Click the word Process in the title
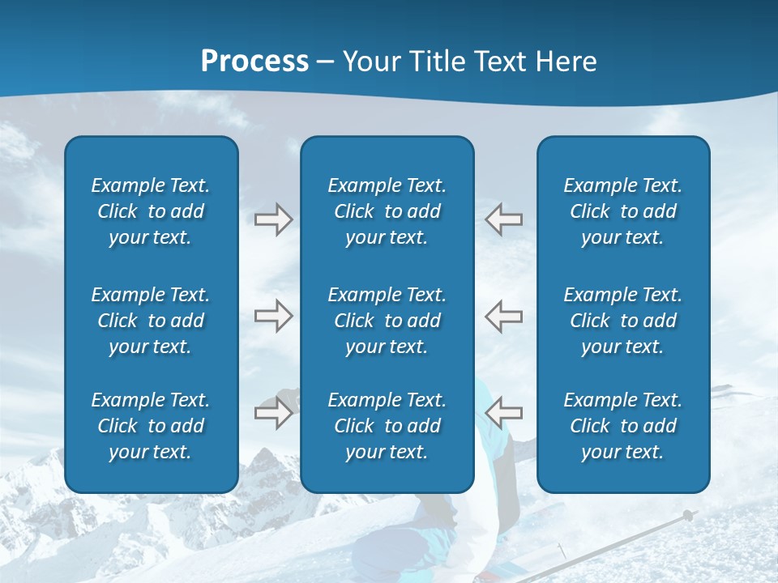(254, 62)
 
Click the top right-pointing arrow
(273, 219)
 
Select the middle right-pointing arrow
(273, 316)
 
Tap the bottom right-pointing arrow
(273, 413)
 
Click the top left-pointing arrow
(504, 219)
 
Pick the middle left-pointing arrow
(504, 316)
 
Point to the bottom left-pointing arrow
(504, 413)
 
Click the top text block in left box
(151, 211)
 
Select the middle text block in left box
(151, 321)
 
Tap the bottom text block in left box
(151, 426)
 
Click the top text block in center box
(387, 211)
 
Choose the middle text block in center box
(387, 321)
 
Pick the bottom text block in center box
(387, 426)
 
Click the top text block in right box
(623, 211)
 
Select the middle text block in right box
(623, 321)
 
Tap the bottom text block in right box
(623, 426)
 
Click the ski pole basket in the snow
(688, 515)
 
